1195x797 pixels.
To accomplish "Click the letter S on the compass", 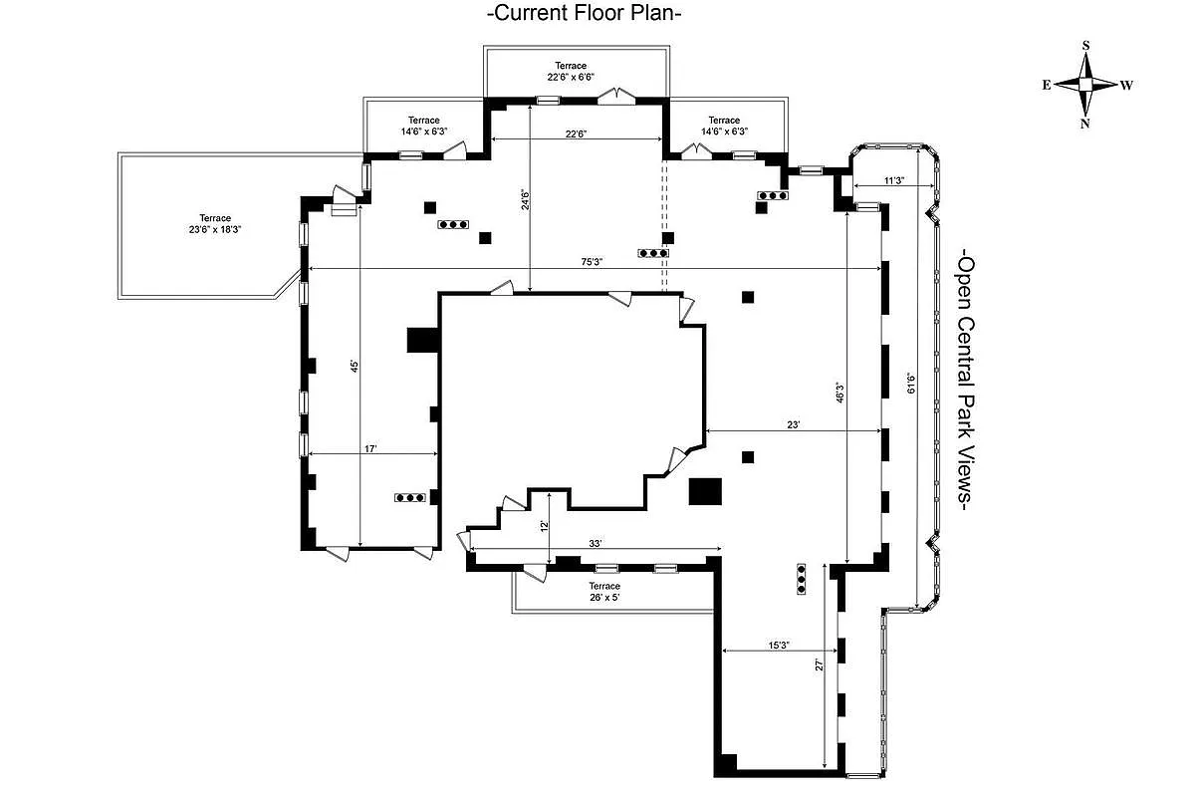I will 1085,46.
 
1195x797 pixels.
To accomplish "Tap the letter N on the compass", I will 1085,124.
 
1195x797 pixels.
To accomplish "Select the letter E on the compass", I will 1047,86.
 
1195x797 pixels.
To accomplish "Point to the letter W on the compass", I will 1126,86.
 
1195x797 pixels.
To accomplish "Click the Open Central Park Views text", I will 965,383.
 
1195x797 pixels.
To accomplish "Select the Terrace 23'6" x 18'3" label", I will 214,223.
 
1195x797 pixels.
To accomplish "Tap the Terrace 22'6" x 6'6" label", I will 572,72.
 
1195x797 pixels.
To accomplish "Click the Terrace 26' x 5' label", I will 604,592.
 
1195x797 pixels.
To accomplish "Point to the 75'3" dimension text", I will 593,262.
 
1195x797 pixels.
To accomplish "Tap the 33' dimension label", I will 596,543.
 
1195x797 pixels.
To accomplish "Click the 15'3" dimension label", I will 779,646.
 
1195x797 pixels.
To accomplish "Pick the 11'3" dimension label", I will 894,181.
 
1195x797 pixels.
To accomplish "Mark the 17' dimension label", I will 369,449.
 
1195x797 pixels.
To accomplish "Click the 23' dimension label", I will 794,424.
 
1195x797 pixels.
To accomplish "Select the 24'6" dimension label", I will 525,201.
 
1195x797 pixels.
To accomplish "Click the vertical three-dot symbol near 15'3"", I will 802,579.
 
